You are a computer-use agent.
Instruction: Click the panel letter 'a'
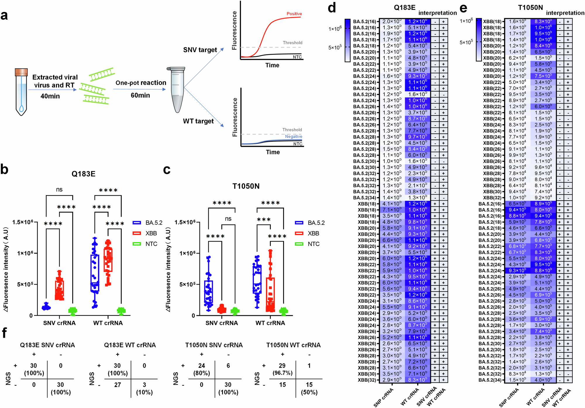(x=4, y=16)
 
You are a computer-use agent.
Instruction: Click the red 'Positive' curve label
(x=294, y=14)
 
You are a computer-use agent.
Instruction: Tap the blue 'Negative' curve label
(x=293, y=137)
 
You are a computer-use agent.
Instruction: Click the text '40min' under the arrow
(x=50, y=96)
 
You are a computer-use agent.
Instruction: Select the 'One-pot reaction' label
(x=141, y=83)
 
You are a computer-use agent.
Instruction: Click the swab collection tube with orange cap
(x=21, y=92)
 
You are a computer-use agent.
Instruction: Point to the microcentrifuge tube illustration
(x=176, y=89)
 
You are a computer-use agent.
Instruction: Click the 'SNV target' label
(x=200, y=50)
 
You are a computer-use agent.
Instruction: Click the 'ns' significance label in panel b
(x=59, y=190)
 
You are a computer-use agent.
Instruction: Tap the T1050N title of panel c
(x=246, y=186)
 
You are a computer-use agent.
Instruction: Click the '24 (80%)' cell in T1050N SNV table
(x=202, y=369)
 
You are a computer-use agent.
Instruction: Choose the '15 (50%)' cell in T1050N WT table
(x=309, y=388)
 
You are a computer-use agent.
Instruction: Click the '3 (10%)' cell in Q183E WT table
(x=144, y=388)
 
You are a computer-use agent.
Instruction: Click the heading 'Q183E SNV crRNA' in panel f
(x=47, y=345)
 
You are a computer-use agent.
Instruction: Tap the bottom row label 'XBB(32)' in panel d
(x=367, y=380)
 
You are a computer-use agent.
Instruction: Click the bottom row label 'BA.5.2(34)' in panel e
(x=490, y=380)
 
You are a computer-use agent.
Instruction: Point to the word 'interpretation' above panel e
(x=565, y=13)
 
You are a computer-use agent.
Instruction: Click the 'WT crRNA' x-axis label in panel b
(x=108, y=323)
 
